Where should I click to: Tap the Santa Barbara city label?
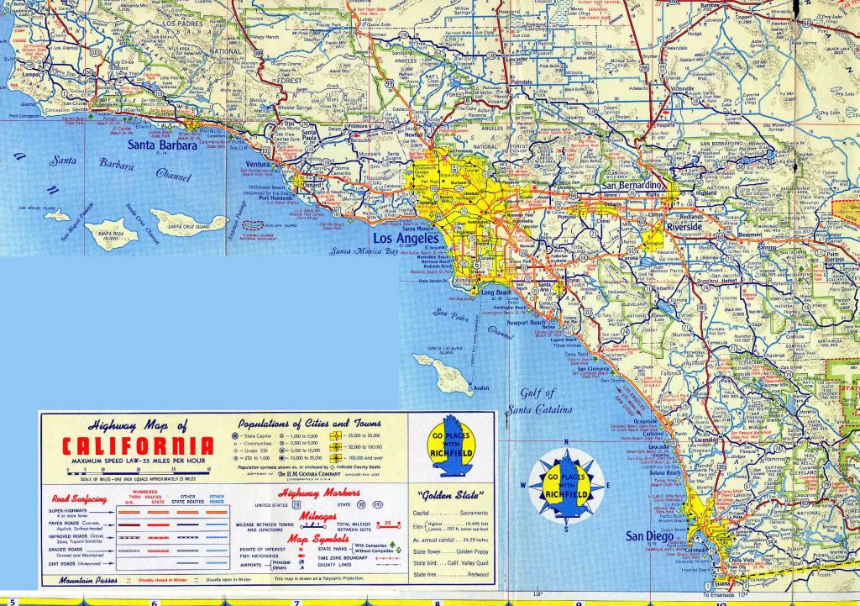point(163,145)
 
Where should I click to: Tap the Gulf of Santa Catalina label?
point(537,402)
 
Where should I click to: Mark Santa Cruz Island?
point(187,222)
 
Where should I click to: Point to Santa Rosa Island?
point(110,233)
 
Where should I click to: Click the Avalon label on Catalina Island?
point(480,388)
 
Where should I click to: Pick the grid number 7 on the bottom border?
point(296,602)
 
